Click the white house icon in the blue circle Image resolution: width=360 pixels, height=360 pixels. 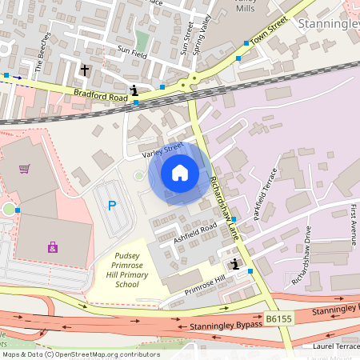[x=180, y=173]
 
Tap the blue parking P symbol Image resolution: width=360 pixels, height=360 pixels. [x=112, y=206]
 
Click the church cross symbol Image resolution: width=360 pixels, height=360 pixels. [x=85, y=70]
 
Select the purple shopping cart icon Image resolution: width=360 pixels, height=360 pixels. [x=25, y=169]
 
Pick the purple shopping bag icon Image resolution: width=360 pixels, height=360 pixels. [x=52, y=247]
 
